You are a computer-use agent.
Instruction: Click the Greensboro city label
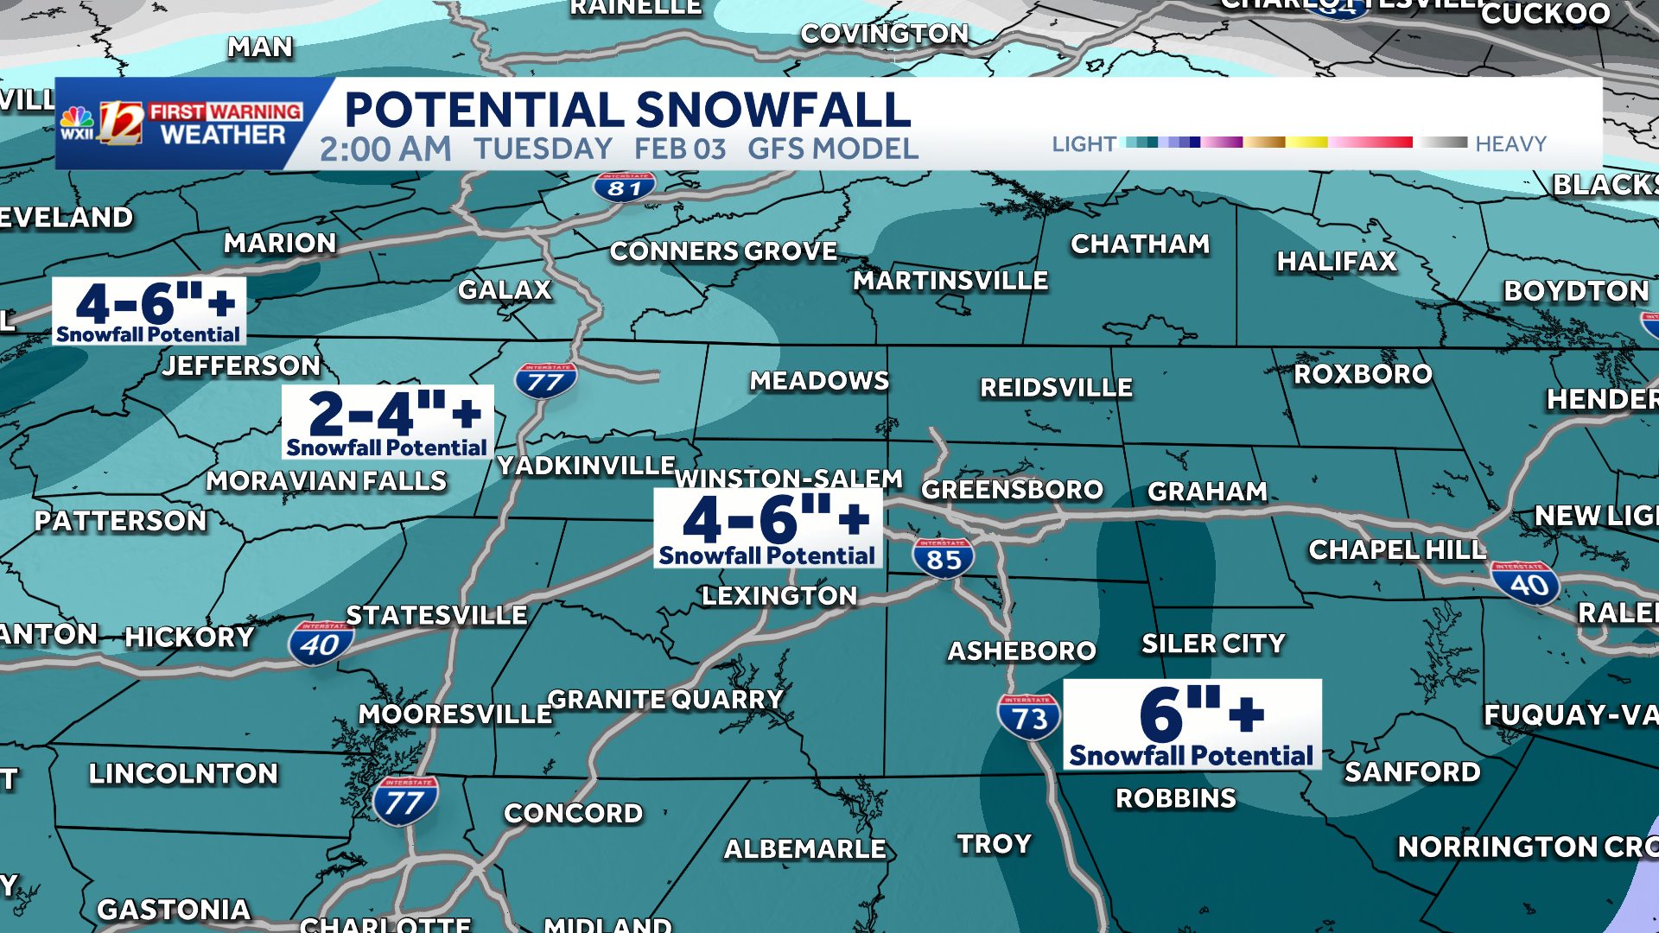click(x=1012, y=490)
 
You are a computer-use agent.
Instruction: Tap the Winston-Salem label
click(x=788, y=478)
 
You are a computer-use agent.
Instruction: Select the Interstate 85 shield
click(x=943, y=558)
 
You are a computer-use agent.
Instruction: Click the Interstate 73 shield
click(x=1028, y=716)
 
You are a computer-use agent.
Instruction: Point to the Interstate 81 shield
click(x=624, y=187)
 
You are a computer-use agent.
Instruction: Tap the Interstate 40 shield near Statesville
click(x=321, y=644)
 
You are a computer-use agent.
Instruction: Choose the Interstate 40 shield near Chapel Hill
click(x=1527, y=584)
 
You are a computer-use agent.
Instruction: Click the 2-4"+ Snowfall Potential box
click(x=388, y=422)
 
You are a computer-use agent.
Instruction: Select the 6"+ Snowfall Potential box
click(x=1192, y=724)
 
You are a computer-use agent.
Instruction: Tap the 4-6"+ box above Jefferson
click(x=149, y=311)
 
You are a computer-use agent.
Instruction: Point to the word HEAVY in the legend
click(x=1510, y=143)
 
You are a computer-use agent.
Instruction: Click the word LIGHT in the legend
click(x=1084, y=143)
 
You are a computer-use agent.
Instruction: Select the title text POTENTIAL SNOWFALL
click(x=627, y=110)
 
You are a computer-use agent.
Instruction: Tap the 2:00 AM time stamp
click(x=385, y=149)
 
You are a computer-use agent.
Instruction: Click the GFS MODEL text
click(x=832, y=149)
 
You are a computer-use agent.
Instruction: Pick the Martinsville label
click(x=950, y=281)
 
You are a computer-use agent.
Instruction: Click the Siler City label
click(x=1213, y=644)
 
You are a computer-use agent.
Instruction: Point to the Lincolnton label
click(x=183, y=773)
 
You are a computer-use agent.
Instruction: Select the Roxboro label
click(x=1363, y=374)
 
